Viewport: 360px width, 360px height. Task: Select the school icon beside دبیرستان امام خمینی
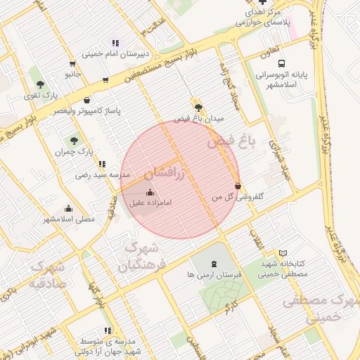tap(115, 43)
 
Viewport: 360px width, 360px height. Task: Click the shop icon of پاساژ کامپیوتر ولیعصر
tap(86, 100)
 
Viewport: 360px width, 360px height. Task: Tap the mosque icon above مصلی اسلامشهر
tap(68, 208)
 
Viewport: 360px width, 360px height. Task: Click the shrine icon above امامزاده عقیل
tap(149, 193)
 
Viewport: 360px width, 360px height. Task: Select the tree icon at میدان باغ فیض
tap(198, 108)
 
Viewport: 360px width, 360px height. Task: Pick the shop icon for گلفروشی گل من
tap(238, 186)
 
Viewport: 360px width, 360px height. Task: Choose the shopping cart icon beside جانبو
tap(105, 79)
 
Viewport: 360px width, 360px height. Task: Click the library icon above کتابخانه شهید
tap(283, 252)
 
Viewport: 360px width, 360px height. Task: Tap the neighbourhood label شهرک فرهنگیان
tap(141, 257)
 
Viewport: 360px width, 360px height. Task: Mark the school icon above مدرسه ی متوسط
tap(108, 330)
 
